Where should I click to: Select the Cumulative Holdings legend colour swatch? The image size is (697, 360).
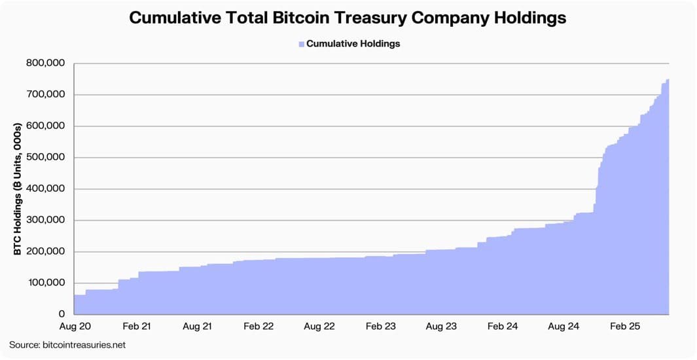(302, 44)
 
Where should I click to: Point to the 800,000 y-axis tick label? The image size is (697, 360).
(46, 63)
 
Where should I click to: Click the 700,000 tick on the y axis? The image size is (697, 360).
(46, 95)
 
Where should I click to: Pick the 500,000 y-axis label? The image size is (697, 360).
(46, 158)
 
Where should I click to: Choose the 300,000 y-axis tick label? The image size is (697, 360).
(46, 221)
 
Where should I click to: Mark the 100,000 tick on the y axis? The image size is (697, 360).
(46, 283)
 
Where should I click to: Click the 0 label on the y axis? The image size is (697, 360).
(61, 315)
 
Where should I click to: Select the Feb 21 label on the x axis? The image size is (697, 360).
(137, 326)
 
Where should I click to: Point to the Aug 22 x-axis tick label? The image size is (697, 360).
(319, 326)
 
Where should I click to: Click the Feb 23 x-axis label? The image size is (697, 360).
(381, 326)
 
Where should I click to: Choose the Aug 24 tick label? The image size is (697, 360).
(563, 326)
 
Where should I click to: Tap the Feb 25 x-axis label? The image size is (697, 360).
(625, 326)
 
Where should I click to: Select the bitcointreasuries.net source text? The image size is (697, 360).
(85, 345)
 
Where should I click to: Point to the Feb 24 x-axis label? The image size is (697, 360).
(503, 326)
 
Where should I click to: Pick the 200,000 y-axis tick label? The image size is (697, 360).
(46, 252)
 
